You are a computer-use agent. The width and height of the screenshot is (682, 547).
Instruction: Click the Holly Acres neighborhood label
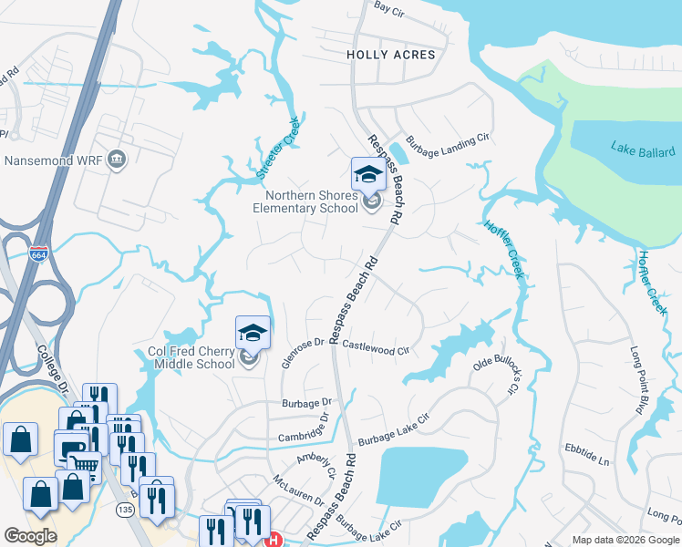[x=390, y=55]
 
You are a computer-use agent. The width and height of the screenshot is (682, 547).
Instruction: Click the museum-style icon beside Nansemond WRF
[x=117, y=160]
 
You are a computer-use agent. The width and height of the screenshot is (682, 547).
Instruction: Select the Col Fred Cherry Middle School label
[x=191, y=357]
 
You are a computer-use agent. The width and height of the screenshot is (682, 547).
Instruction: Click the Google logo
[x=30, y=535]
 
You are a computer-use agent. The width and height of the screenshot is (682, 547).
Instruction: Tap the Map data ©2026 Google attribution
[x=625, y=540]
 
